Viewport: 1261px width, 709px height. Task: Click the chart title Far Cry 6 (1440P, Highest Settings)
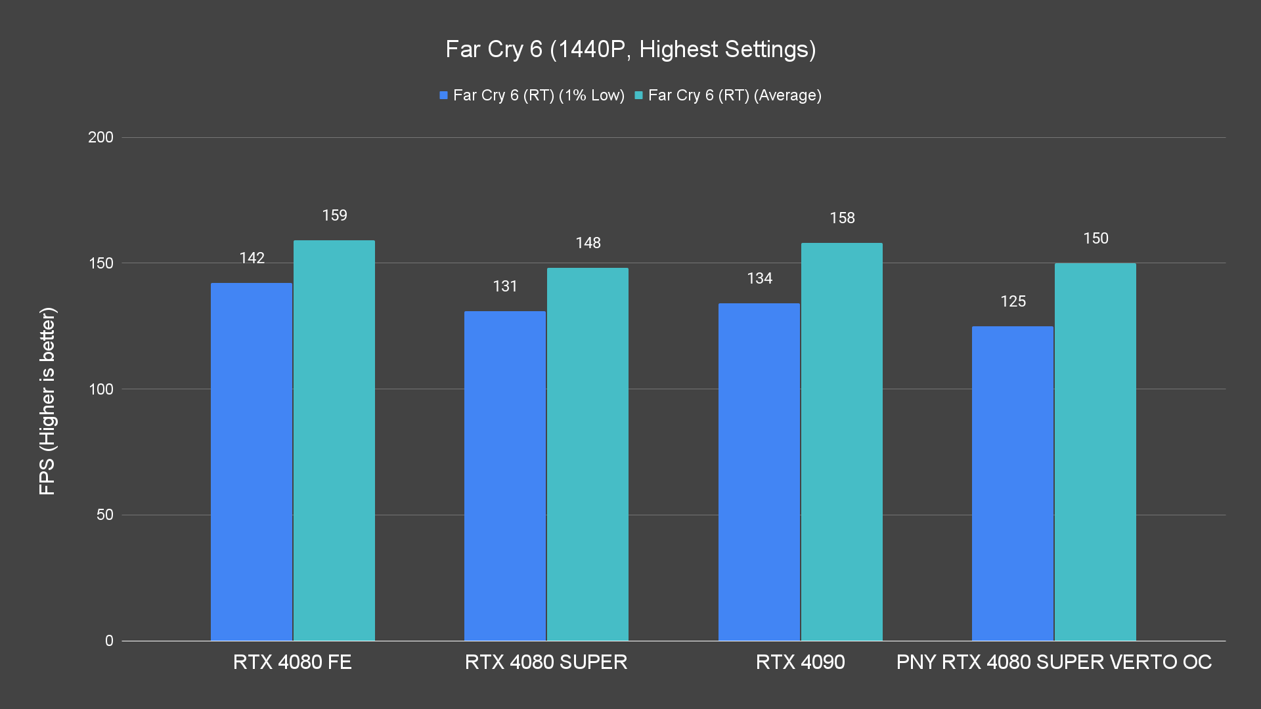click(630, 49)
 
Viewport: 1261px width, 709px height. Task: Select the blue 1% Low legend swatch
click(444, 96)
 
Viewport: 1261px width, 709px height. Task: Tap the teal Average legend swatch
click(638, 96)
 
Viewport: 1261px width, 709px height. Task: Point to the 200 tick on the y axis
click(100, 137)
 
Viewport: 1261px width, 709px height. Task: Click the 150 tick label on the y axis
click(100, 263)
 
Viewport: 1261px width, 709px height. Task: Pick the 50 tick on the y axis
click(105, 515)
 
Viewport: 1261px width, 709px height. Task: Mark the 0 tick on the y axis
click(109, 641)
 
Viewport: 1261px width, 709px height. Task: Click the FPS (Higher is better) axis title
click(47, 400)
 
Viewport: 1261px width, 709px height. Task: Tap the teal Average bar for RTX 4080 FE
click(334, 440)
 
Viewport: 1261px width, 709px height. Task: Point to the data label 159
click(334, 215)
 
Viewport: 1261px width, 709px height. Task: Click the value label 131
click(505, 286)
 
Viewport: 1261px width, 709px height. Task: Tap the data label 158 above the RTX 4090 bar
click(842, 218)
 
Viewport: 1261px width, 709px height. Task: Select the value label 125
click(1013, 301)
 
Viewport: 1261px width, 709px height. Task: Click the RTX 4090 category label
click(800, 662)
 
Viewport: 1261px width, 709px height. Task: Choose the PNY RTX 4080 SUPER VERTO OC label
click(1053, 662)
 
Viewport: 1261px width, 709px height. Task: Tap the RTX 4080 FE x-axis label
click(292, 662)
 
